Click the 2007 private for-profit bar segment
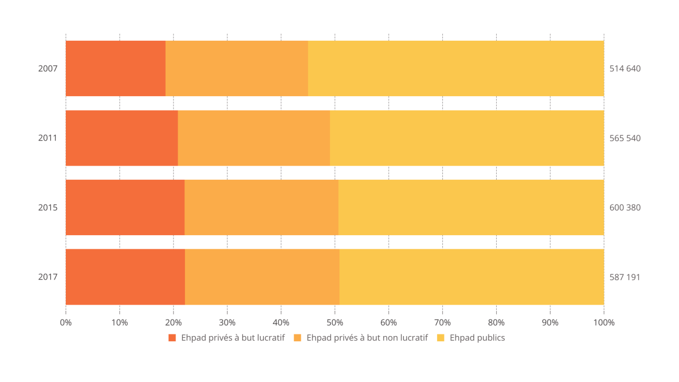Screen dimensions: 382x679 pos(115,68)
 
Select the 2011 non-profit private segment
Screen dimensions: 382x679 pos(254,138)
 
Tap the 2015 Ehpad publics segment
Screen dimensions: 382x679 pos(471,207)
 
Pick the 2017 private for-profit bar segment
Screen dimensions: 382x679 pos(125,277)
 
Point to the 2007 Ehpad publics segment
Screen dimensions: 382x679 pos(456,68)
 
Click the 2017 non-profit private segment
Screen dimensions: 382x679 pos(262,277)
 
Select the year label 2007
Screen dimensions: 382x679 pos(48,68)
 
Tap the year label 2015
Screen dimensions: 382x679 pos(48,207)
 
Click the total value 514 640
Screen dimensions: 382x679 pos(625,68)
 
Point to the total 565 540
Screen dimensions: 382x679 pos(625,138)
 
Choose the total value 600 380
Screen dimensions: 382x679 pos(625,207)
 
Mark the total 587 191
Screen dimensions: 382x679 pos(625,277)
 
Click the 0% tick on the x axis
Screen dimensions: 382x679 pos(66,322)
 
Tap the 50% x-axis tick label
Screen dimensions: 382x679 pos(335,322)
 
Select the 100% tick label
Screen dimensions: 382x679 pos(604,322)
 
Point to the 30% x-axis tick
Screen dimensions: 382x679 pos(227,322)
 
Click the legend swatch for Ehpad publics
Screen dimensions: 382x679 pos(440,338)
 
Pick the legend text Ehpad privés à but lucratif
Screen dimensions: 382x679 pos(232,338)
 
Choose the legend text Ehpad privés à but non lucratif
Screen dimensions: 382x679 pos(367,338)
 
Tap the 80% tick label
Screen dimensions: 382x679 pos(496,322)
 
